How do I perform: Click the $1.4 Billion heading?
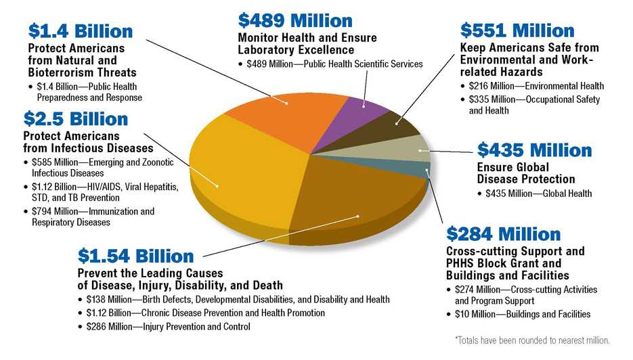pos(80,31)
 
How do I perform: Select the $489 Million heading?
pos(294,20)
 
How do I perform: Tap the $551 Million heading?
pos(517,30)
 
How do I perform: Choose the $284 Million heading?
pos(503,234)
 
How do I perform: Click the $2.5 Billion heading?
pos(76,119)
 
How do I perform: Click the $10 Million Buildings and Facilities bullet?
pos(522,314)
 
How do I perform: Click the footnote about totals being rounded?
pos(532,340)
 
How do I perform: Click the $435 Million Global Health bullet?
pos(538,194)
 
